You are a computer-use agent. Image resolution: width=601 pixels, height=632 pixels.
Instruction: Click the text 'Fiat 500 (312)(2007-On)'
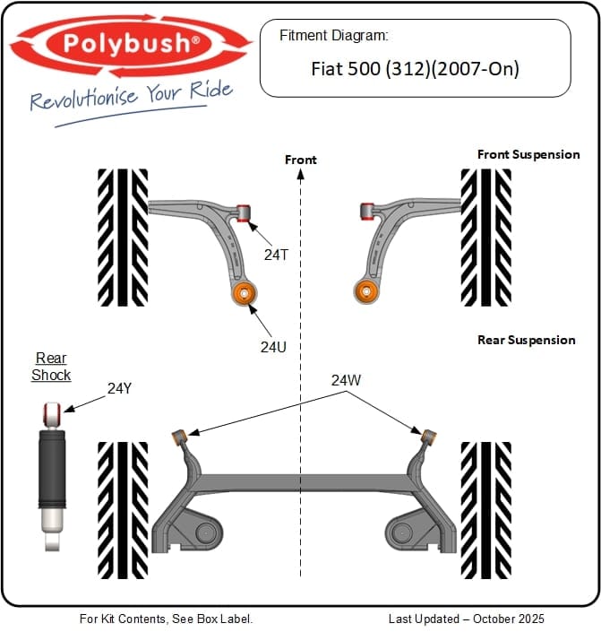[x=415, y=68]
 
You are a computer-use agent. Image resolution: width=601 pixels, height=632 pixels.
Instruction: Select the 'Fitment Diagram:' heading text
[x=333, y=36]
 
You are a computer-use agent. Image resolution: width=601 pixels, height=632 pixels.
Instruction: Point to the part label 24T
[x=276, y=254]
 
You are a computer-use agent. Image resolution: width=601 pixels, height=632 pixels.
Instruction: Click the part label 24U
[x=273, y=345]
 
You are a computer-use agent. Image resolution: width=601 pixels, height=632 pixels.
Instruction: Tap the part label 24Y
[x=119, y=388]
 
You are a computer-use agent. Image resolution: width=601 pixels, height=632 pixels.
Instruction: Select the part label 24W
[x=346, y=380]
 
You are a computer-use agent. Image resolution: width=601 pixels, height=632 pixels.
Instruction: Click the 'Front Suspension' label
[x=528, y=154]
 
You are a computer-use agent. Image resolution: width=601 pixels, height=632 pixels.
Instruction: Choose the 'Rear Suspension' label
[x=526, y=340]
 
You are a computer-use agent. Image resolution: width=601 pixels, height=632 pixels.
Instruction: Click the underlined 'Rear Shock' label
[x=51, y=367]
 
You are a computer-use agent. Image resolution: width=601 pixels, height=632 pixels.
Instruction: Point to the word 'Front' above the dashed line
[x=301, y=160]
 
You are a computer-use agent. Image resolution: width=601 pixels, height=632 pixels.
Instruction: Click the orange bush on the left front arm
[x=245, y=292]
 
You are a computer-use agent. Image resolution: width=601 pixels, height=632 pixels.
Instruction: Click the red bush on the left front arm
[x=244, y=212]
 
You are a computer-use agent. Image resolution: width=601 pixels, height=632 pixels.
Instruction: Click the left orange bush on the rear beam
[x=179, y=437]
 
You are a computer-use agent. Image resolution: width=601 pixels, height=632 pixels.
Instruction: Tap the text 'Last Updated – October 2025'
[x=466, y=619]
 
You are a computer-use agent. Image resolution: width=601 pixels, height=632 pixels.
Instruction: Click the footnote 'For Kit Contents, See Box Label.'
[x=167, y=619]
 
